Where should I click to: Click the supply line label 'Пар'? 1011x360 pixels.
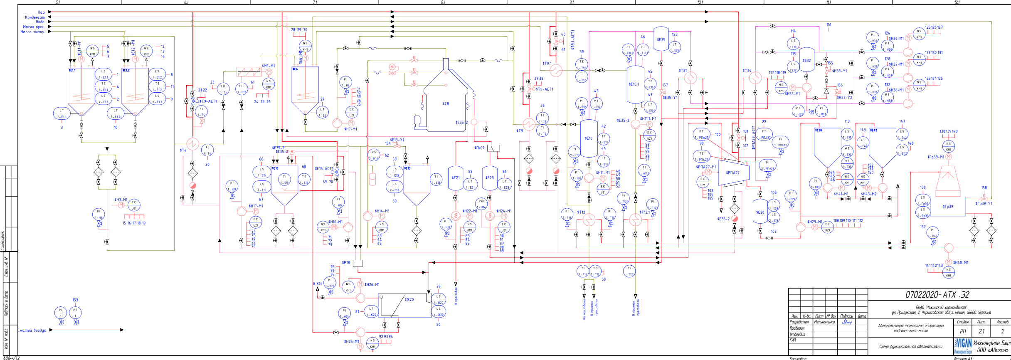tap(41, 12)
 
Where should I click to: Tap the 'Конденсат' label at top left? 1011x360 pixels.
tap(35, 17)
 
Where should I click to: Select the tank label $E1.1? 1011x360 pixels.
tap(72, 70)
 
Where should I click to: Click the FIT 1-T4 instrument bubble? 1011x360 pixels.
tap(223, 89)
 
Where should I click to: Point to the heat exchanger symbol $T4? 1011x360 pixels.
tap(192, 144)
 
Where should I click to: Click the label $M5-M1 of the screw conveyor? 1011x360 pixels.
tap(268, 66)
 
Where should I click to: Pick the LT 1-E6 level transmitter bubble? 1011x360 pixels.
tap(322, 112)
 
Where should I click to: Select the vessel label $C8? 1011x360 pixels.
tap(446, 104)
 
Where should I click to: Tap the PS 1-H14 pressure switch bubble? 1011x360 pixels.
tap(374, 155)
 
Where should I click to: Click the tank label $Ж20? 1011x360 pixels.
tap(409, 299)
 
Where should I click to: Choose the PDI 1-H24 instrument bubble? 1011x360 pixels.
tap(481, 204)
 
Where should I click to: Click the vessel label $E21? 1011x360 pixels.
tap(456, 178)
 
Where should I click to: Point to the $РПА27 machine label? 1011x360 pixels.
tap(732, 173)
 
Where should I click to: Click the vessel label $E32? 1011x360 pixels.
tap(806, 60)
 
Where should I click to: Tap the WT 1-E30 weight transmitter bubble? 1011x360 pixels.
tap(847, 151)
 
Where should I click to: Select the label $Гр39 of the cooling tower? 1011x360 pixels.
tap(948, 206)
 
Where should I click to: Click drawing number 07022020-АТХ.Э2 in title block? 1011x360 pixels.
tap(937, 295)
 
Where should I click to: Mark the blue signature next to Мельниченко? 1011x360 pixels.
tap(846, 322)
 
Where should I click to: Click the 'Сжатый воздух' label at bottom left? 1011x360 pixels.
tap(32, 330)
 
